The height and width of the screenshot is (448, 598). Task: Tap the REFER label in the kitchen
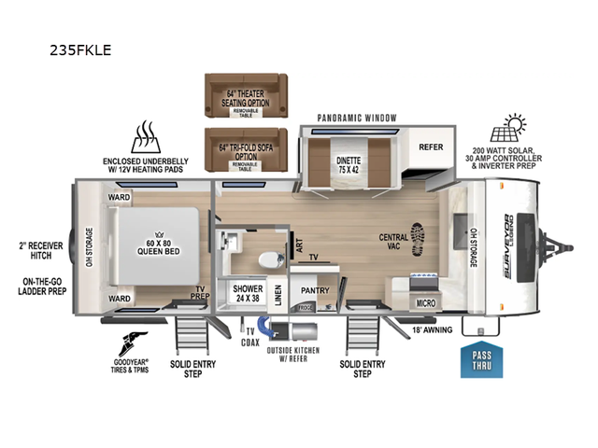pos(430,147)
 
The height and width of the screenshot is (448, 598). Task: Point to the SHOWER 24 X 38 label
pos(247,293)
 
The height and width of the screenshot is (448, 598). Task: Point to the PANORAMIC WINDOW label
pos(357,118)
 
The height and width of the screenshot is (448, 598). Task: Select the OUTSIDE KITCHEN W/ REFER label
pos(293,356)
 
